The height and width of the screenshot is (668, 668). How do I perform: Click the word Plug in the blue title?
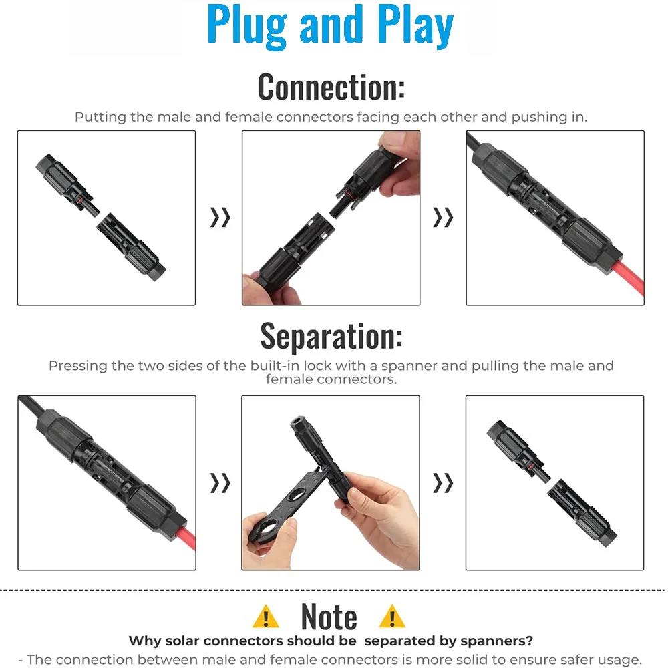(x=247, y=27)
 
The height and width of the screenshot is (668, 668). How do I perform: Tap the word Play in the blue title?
(x=415, y=27)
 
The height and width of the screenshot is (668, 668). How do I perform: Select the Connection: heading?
(x=331, y=88)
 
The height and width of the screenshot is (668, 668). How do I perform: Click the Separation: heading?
(x=331, y=336)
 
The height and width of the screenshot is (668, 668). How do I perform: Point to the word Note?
(x=329, y=617)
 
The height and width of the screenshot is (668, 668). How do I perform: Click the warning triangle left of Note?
(x=265, y=617)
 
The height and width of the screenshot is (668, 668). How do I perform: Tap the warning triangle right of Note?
(x=392, y=617)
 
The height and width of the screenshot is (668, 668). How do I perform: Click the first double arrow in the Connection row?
(x=220, y=217)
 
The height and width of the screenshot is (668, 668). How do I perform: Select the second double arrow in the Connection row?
(x=443, y=217)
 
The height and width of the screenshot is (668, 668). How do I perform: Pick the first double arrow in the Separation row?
(x=220, y=483)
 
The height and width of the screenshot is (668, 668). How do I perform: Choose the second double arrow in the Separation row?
(x=443, y=483)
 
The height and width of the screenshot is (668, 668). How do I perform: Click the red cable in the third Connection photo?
(x=629, y=278)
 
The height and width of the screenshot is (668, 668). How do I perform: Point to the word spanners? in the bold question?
(x=497, y=641)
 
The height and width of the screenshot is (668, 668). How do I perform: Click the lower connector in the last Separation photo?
(x=582, y=512)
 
